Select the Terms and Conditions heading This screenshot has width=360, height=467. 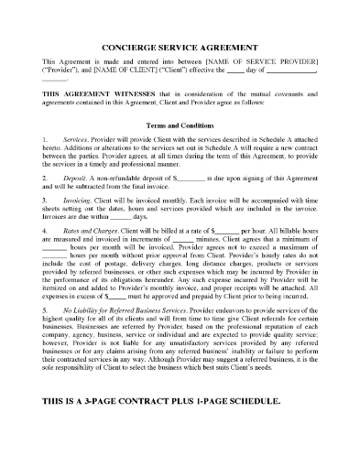coord(180,125)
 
